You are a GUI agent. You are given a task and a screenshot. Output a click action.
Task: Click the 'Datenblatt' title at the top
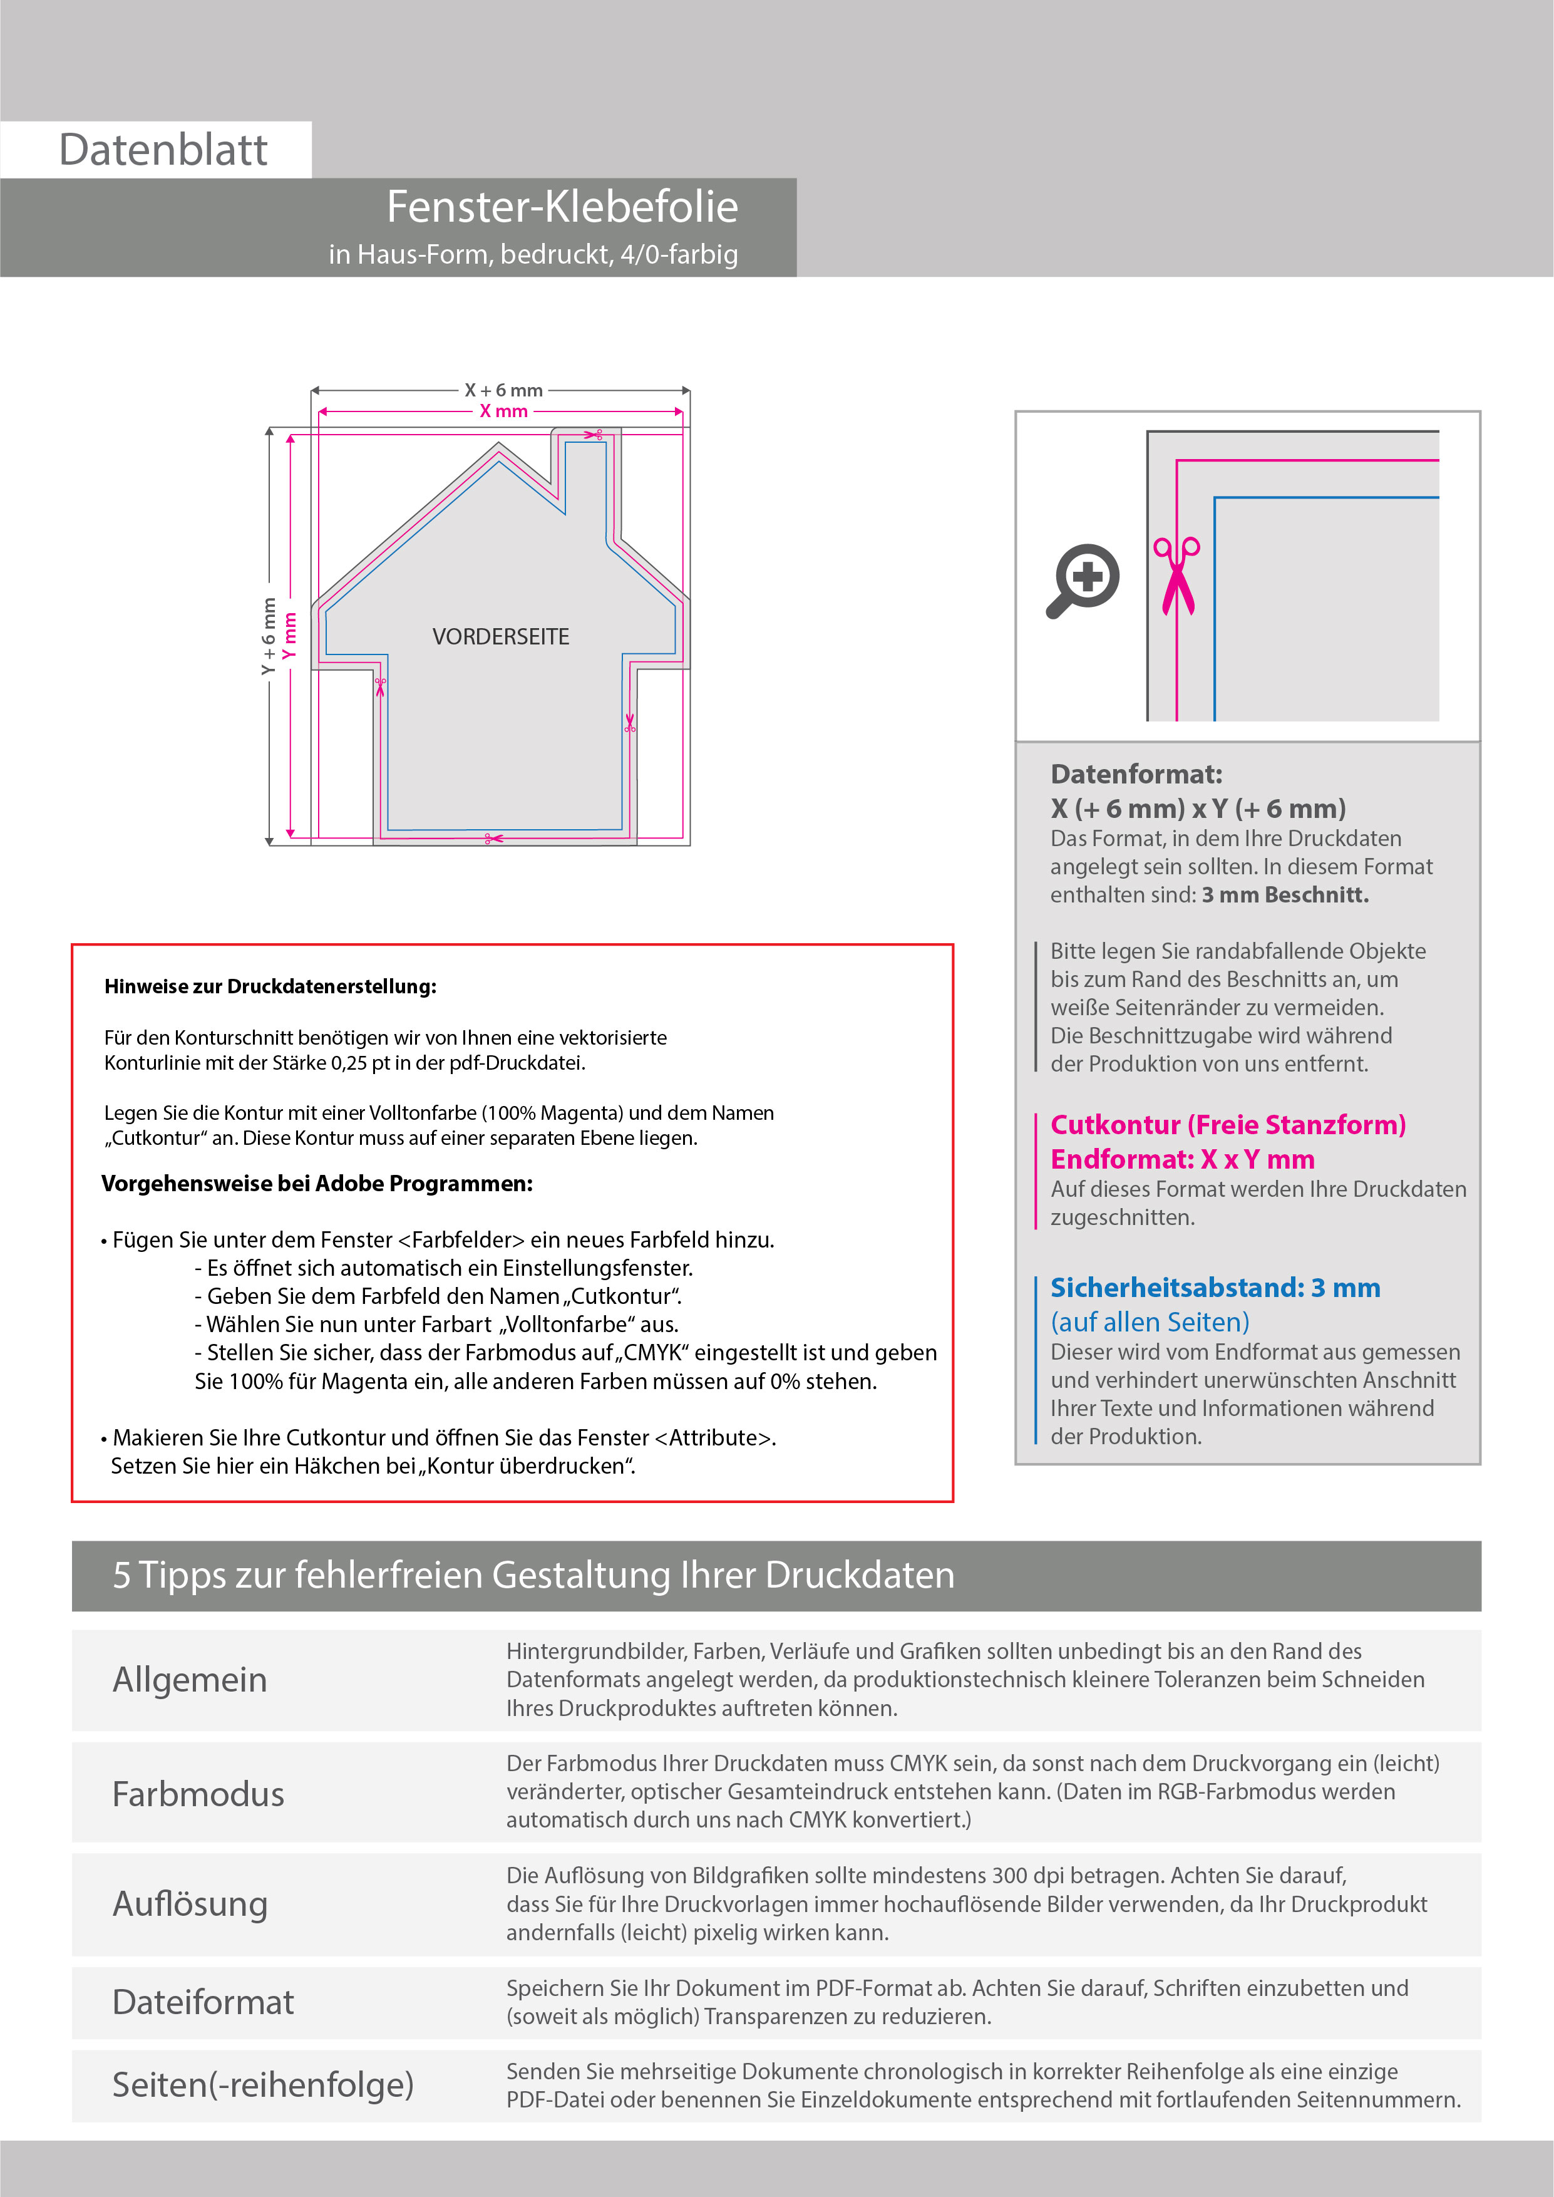163,150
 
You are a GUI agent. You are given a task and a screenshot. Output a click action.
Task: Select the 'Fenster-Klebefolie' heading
562,207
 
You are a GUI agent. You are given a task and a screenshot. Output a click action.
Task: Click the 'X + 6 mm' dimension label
503,390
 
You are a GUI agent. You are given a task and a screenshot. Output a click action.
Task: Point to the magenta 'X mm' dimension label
503,411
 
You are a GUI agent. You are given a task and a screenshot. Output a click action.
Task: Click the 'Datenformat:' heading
1136,774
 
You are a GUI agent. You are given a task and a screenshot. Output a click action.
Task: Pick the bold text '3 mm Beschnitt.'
1285,895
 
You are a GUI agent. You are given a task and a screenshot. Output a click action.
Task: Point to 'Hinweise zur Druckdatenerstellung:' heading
270,986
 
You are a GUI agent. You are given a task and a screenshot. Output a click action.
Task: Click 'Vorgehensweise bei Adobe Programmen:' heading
317,1184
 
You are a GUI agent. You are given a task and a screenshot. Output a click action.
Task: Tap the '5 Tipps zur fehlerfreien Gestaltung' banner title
533,1575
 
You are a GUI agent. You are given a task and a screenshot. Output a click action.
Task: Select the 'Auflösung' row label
190,1903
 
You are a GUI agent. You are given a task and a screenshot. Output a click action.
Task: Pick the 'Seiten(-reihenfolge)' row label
263,2084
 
